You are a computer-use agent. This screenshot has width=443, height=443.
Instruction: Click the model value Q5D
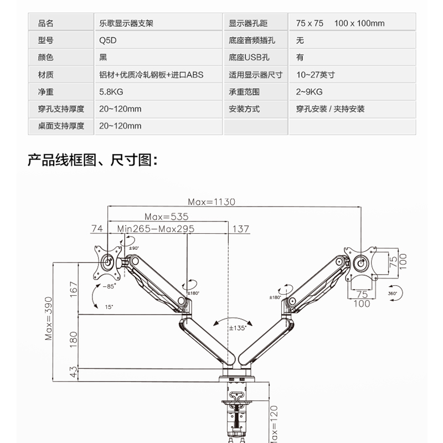pyautogui.click(x=107, y=40)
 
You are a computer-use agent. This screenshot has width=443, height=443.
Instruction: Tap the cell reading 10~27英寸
pyautogui.click(x=315, y=75)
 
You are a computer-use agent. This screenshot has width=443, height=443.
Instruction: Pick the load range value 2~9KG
pyautogui.click(x=309, y=92)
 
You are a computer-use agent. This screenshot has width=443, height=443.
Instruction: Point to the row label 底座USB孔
pyautogui.click(x=246, y=58)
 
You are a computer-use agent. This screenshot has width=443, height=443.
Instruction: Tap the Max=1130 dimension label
pyautogui.click(x=211, y=202)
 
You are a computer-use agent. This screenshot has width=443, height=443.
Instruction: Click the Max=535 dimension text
pyautogui.click(x=167, y=217)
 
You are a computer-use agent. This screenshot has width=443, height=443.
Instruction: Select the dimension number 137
pyautogui.click(x=241, y=229)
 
